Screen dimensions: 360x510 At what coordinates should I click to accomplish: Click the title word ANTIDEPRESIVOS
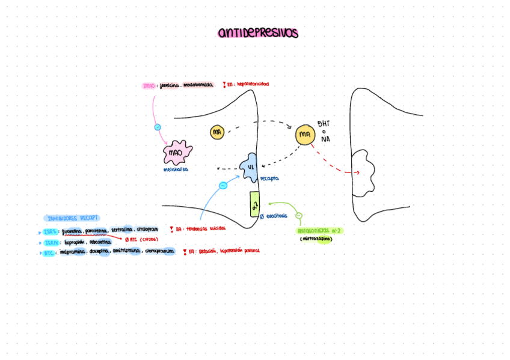click(x=257, y=34)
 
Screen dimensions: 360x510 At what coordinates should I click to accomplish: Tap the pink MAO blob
click(x=177, y=153)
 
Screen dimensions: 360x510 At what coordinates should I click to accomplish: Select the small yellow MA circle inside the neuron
click(x=217, y=132)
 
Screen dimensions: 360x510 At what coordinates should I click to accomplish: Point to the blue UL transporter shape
click(x=250, y=168)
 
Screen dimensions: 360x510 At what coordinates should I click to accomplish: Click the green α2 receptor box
click(x=255, y=204)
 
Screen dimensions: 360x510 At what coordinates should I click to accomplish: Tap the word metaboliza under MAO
click(x=176, y=169)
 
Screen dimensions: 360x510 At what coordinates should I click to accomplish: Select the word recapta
click(x=269, y=178)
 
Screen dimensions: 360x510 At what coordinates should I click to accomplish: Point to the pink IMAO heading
click(x=149, y=86)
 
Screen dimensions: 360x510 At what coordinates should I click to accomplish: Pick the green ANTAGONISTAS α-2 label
click(x=321, y=231)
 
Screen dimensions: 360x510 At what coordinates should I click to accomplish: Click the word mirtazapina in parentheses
click(x=316, y=239)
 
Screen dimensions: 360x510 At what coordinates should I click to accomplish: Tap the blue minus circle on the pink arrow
click(x=158, y=127)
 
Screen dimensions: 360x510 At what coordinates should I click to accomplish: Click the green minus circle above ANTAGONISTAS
click(x=300, y=216)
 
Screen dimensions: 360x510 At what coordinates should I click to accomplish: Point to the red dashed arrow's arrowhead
click(x=358, y=173)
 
